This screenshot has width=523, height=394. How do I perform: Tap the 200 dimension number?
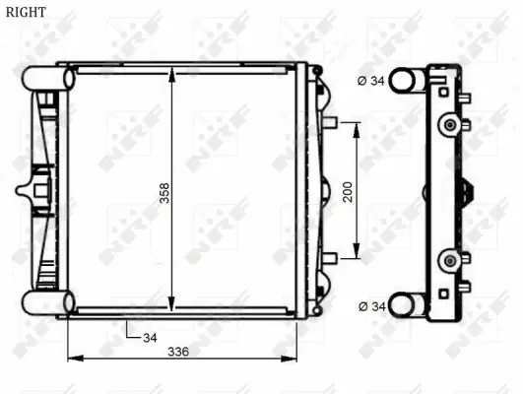(347, 191)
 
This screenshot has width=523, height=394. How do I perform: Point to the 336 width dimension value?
(177, 351)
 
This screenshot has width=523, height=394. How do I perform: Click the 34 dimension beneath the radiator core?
(150, 338)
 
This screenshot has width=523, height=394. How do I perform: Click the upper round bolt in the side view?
(450, 124)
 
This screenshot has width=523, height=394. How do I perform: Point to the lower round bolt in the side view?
(450, 260)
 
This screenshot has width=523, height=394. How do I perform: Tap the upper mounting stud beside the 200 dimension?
(331, 123)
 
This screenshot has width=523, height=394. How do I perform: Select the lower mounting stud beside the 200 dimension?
(331, 258)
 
